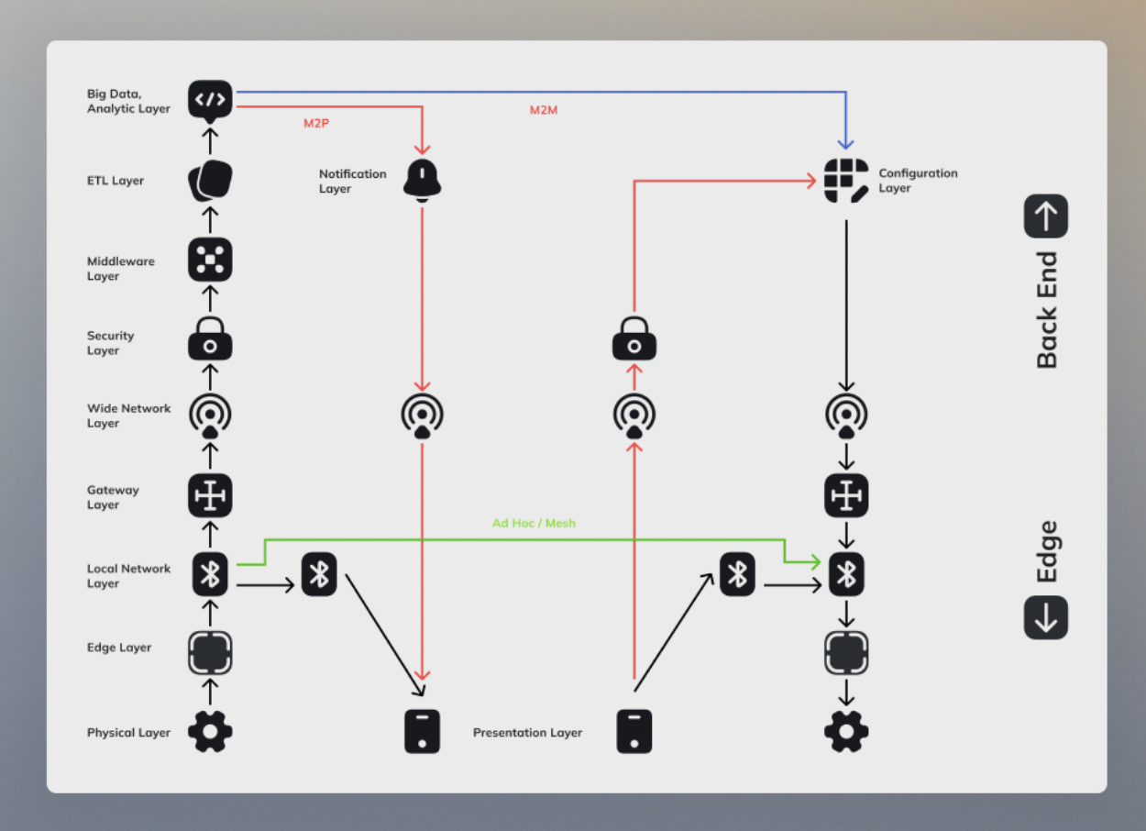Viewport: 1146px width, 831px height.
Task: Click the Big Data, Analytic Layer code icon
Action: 210,99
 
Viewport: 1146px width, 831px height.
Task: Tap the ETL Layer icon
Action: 210,181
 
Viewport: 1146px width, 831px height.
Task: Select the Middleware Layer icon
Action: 210,260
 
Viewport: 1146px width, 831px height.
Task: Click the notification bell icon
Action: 423,180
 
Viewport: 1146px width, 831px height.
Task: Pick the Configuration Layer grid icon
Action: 845,181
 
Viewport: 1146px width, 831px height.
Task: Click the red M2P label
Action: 316,122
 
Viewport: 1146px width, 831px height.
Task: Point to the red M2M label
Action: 544,110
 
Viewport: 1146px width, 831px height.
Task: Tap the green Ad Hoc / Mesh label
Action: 534,523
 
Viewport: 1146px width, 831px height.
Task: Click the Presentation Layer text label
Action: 527,733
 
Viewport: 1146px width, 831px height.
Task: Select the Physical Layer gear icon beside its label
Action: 210,732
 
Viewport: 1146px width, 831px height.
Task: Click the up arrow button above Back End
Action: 1046,216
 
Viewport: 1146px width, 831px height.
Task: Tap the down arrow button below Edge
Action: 1046,617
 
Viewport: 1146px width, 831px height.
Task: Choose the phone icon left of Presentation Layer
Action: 423,732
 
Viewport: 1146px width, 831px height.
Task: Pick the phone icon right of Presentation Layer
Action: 634,732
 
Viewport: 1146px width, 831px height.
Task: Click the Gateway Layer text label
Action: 113,497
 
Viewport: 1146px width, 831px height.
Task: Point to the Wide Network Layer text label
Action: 128,415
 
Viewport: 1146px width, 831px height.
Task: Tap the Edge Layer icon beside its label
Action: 210,653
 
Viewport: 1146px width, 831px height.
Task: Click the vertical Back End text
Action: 1047,310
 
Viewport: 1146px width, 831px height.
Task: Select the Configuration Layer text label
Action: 918,181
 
